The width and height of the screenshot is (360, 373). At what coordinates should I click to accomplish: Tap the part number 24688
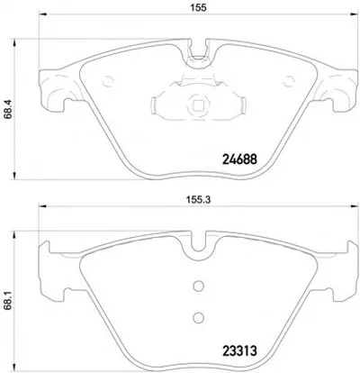(239, 159)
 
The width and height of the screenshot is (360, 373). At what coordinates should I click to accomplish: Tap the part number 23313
(239, 350)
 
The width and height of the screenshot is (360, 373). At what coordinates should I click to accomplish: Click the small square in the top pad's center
(197, 105)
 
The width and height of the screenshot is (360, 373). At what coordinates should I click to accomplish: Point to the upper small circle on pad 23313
(198, 286)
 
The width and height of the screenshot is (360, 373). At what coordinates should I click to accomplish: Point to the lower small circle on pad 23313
(198, 317)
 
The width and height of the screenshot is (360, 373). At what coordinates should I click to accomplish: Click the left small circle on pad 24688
(108, 81)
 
